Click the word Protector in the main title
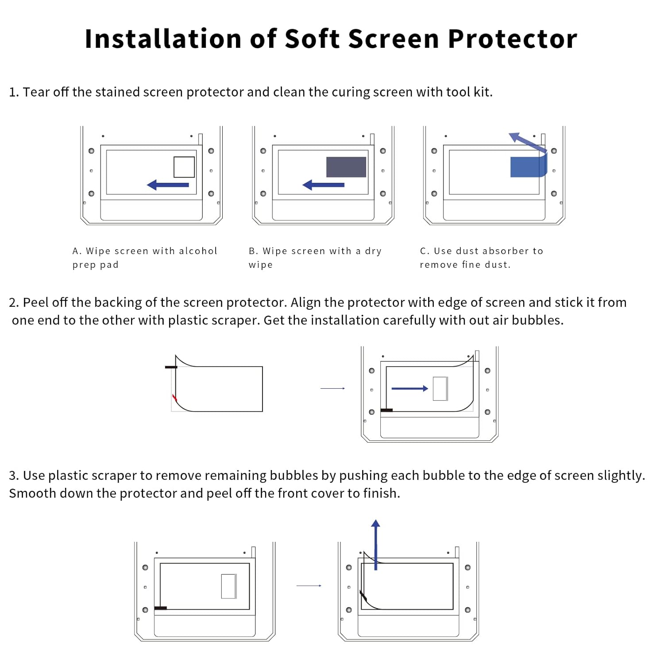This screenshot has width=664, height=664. [x=512, y=39]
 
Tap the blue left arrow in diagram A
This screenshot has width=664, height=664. [x=168, y=185]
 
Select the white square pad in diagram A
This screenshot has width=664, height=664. [x=184, y=167]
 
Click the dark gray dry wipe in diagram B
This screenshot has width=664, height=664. [x=346, y=167]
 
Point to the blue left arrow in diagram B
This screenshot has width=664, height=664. [x=324, y=185]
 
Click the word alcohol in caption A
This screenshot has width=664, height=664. [x=198, y=251]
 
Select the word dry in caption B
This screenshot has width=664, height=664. [x=373, y=251]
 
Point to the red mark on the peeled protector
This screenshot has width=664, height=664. [x=174, y=397]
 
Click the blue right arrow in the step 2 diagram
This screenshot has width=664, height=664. [x=410, y=389]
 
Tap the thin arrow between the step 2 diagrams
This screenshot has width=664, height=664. [x=332, y=389]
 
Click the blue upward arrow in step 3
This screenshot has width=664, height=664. [x=376, y=544]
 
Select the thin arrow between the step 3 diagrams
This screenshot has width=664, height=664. [x=309, y=586]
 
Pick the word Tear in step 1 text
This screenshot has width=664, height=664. [x=36, y=92]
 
